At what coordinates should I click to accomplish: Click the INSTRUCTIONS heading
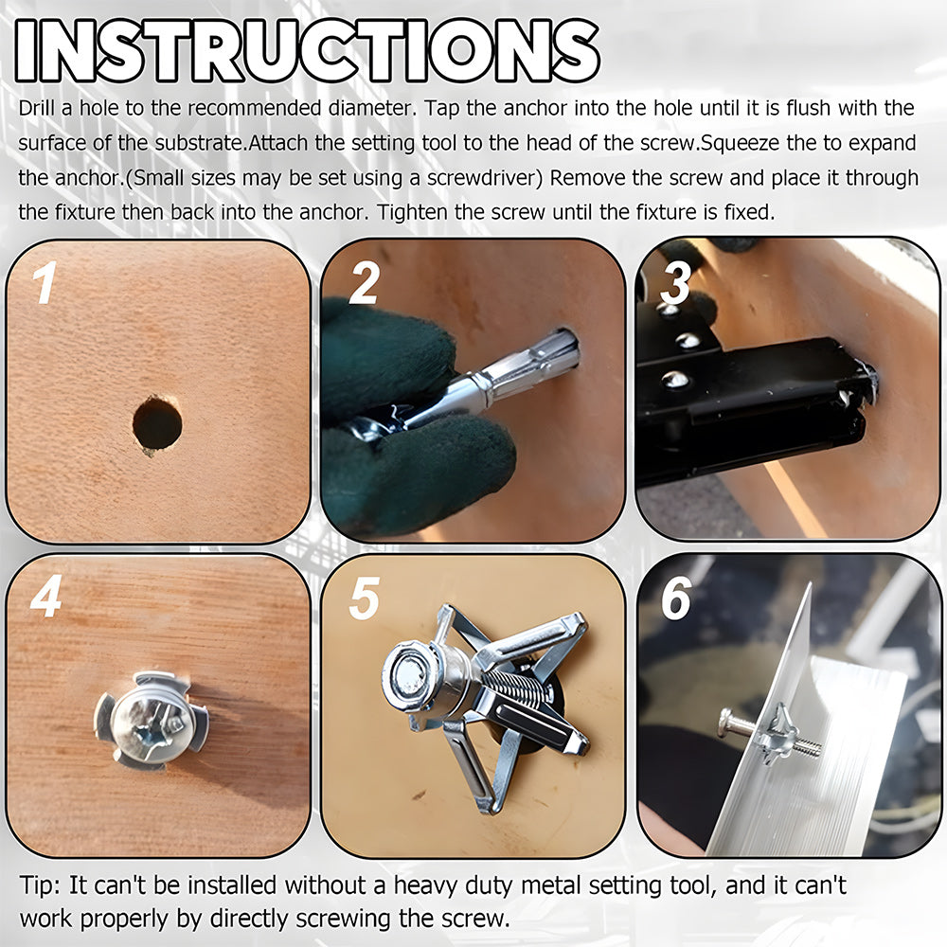(308, 51)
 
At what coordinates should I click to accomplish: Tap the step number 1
(45, 282)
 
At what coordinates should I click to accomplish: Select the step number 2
(365, 282)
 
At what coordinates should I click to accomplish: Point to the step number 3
(675, 282)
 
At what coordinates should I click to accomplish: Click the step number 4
(46, 596)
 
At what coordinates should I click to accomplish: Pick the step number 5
(365, 598)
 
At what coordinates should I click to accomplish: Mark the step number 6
(676, 598)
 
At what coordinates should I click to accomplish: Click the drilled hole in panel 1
(157, 422)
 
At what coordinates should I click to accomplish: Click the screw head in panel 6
(725, 724)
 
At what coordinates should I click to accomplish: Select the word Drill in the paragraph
(36, 108)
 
